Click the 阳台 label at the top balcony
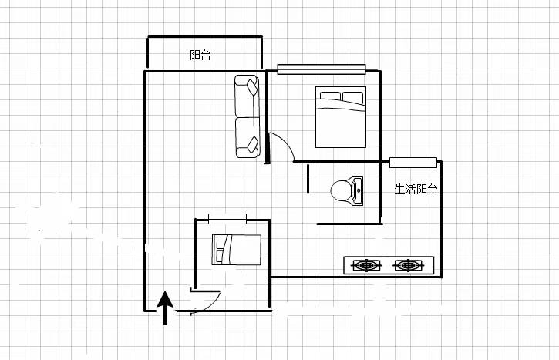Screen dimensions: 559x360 pyautogui.click(x=200, y=55)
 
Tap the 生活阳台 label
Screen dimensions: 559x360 pyautogui.click(x=416, y=189)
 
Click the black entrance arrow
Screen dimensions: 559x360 pyautogui.click(x=165, y=308)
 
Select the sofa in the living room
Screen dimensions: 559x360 pyautogui.click(x=247, y=116)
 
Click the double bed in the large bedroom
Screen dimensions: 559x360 pyautogui.click(x=341, y=117)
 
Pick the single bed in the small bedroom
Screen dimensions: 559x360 pyautogui.click(x=237, y=250)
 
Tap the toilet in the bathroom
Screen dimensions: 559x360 pyautogui.click(x=346, y=190)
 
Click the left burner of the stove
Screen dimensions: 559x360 pyautogui.click(x=366, y=265)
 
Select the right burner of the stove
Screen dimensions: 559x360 pyautogui.click(x=408, y=265)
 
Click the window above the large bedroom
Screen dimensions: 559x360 pyautogui.click(x=322, y=69)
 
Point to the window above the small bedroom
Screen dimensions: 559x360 pyautogui.click(x=227, y=219)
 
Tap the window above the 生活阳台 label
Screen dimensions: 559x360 pyautogui.click(x=413, y=163)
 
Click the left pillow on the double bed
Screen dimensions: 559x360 pyautogui.click(x=330, y=96)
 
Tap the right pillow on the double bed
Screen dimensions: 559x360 pyautogui.click(x=352, y=97)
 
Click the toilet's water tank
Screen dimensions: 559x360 pyautogui.click(x=357, y=190)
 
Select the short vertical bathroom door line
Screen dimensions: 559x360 pyautogui.click(x=308, y=179)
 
